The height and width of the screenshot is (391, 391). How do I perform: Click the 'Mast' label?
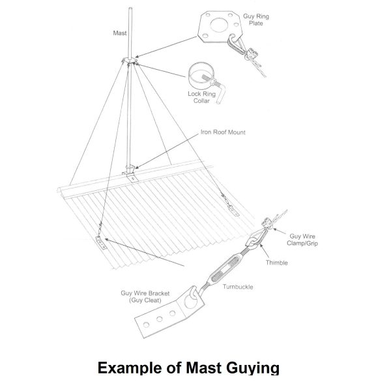coord(120,33)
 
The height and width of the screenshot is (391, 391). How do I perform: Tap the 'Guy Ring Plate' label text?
coord(256,20)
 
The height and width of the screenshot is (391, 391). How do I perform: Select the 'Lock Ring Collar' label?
coord(202,97)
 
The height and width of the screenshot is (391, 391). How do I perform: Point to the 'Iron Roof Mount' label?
coord(223,132)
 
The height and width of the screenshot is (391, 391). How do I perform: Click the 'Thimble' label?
coord(276,263)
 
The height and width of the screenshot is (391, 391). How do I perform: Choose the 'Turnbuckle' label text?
coord(238,287)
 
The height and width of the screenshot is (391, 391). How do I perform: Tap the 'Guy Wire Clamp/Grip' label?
coord(302,240)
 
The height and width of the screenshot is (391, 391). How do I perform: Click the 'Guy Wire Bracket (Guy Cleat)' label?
coord(145,297)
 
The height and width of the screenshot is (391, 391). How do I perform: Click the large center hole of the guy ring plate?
coord(219,25)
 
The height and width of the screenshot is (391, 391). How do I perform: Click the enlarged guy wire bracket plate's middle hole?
coord(160,319)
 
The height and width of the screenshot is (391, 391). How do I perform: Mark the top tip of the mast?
coord(130,8)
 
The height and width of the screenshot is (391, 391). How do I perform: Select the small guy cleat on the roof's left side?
coord(102,243)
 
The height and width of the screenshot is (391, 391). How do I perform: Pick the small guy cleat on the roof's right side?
coord(234,210)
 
